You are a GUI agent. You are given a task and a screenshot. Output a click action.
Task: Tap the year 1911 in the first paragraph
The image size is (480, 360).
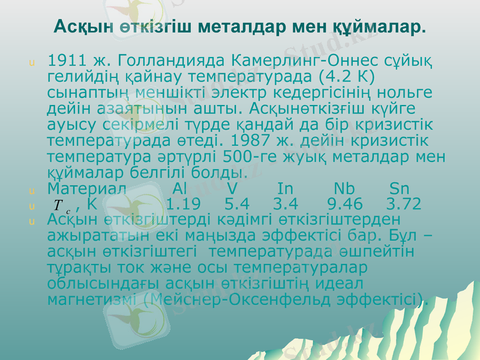pyautogui.click(x=65, y=61)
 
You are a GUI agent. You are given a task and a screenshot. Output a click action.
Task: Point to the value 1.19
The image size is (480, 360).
pyautogui.click(x=183, y=205)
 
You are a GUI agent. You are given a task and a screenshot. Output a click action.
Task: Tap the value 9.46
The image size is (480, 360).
pyautogui.click(x=346, y=205)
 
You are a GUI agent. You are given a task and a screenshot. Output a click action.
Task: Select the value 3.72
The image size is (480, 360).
pyautogui.click(x=404, y=205)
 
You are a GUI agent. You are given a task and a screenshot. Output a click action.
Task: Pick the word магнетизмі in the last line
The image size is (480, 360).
pyautogui.click(x=93, y=298)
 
